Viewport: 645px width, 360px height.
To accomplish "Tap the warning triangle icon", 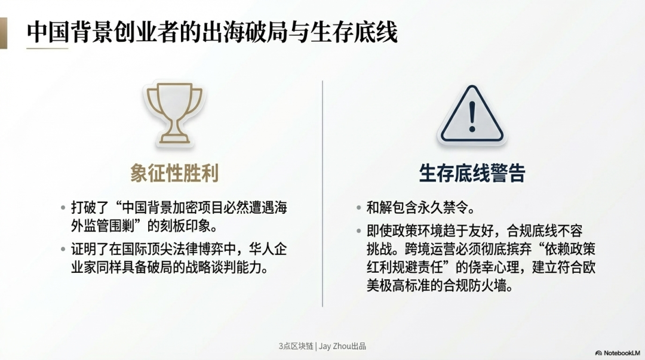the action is pyautogui.click(x=472, y=115).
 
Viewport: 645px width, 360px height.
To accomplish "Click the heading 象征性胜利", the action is pyautogui.click(x=174, y=173).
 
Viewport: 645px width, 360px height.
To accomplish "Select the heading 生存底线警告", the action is pyautogui.click(x=472, y=173).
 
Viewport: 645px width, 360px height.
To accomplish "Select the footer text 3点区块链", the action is pyautogui.click(x=296, y=346).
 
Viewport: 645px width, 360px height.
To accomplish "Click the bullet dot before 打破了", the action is pyautogui.click(x=63, y=207).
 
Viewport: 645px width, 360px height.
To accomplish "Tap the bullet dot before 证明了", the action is pyautogui.click(x=63, y=249).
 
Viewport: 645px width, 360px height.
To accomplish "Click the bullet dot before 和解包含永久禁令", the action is pyautogui.click(x=359, y=207).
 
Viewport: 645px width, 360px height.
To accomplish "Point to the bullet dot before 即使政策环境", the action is pyautogui.click(x=359, y=231).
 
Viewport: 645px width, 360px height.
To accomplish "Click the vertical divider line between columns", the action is pyautogui.click(x=322, y=193).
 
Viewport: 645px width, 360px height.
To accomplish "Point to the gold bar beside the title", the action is pyautogui.click(x=4, y=33).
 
